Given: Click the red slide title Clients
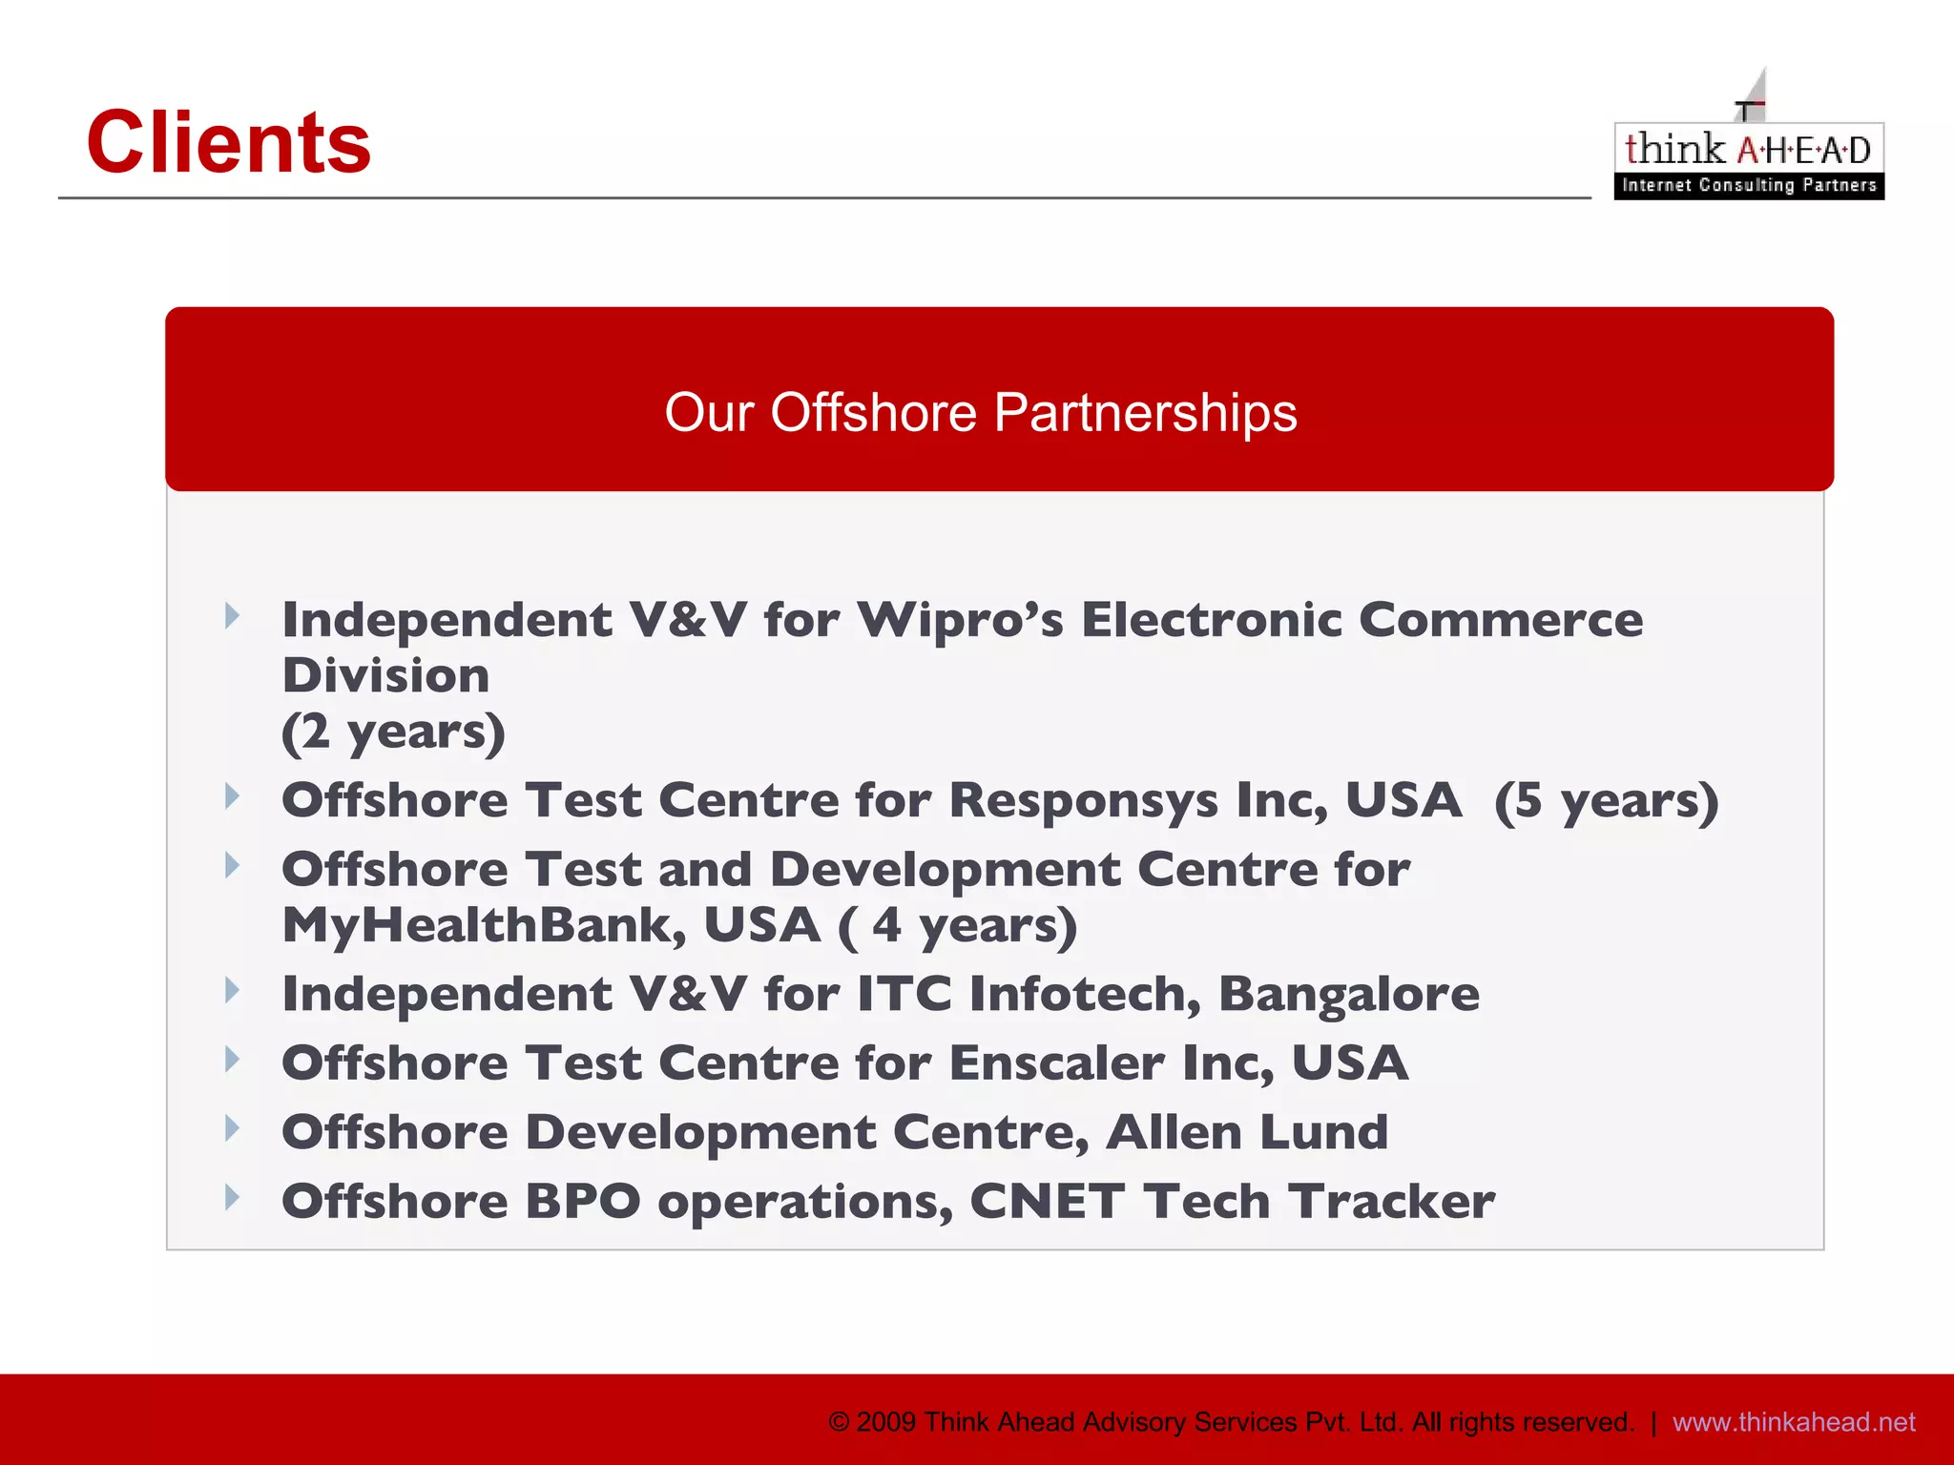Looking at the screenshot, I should click(x=229, y=143).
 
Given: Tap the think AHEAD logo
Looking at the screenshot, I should click(x=1748, y=158).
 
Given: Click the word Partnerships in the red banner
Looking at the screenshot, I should click(x=1145, y=414).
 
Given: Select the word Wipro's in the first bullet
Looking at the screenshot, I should click(x=960, y=620).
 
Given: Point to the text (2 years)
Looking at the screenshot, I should click(x=393, y=732).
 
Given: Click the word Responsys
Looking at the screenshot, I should click(x=1084, y=799).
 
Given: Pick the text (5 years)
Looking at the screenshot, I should click(x=1607, y=799).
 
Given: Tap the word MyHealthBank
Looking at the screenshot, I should click(x=485, y=925).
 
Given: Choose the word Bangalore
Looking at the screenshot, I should click(x=1349, y=994).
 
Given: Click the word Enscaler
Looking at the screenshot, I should click(x=1057, y=1063).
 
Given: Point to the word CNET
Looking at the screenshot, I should click(x=1048, y=1201).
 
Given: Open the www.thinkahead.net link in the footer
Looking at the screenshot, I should click(x=1794, y=1422).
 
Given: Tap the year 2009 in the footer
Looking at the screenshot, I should click(x=886, y=1422).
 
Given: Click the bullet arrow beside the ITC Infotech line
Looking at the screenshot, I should click(x=232, y=990).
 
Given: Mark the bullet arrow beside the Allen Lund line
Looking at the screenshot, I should click(x=232, y=1128).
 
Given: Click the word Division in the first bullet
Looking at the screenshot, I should click(x=386, y=675).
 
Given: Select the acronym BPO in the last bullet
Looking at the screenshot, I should click(x=583, y=1201).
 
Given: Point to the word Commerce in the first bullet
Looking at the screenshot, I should click(x=1501, y=620).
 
